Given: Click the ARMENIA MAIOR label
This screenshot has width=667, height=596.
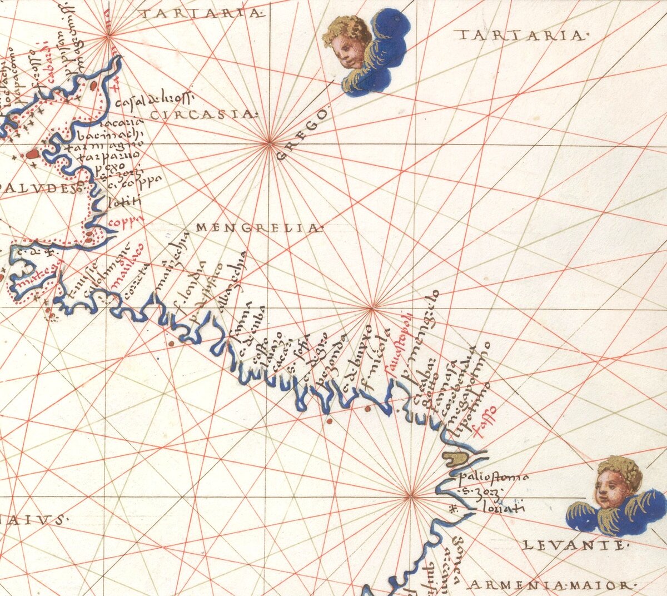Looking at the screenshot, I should [x=552, y=585].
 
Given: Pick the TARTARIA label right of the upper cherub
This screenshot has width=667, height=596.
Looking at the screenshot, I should [x=521, y=36].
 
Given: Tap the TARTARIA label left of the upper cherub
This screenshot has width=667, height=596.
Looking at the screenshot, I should [x=201, y=13].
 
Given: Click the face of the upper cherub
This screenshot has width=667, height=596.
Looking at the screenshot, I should [x=345, y=49].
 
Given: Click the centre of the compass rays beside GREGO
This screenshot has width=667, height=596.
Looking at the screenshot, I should [x=270, y=143].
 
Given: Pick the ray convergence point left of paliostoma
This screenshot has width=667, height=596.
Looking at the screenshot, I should [x=410, y=496].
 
